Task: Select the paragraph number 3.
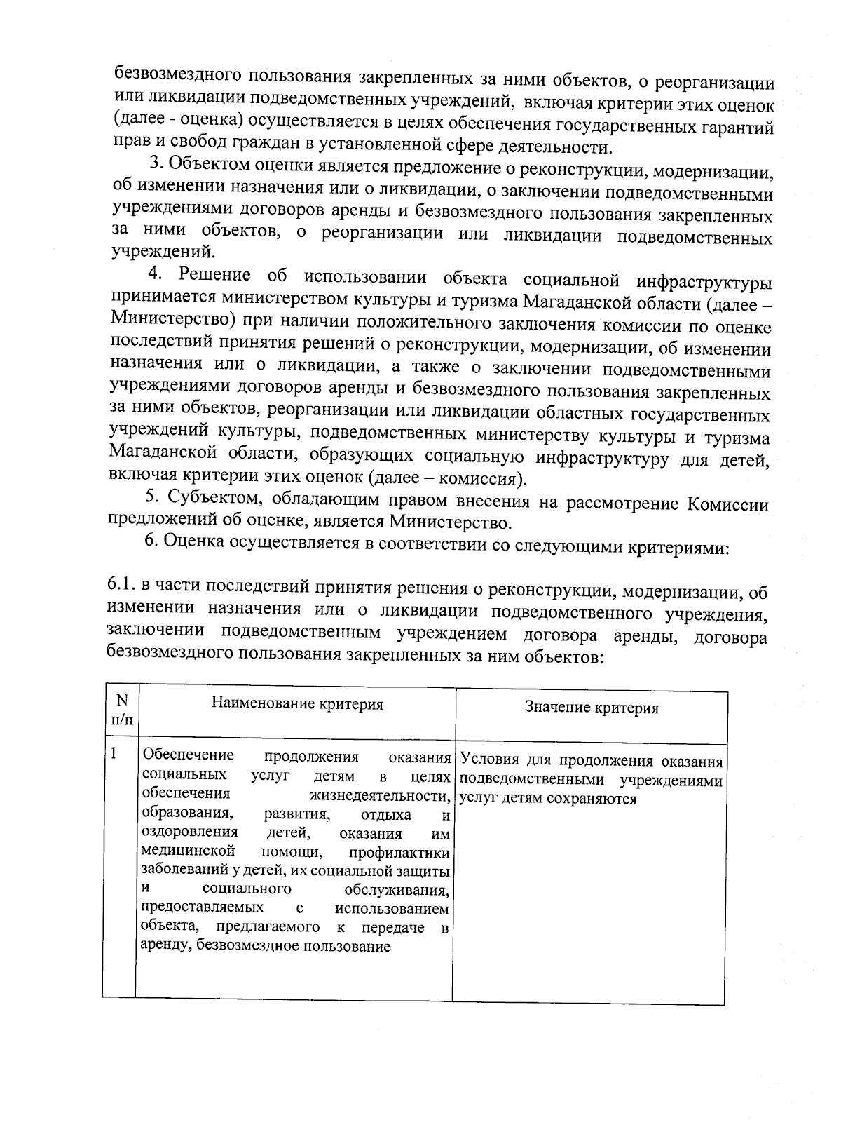click(x=156, y=166)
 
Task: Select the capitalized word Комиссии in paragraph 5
click(x=727, y=504)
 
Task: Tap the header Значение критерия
click(x=592, y=708)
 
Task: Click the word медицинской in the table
click(x=186, y=851)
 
